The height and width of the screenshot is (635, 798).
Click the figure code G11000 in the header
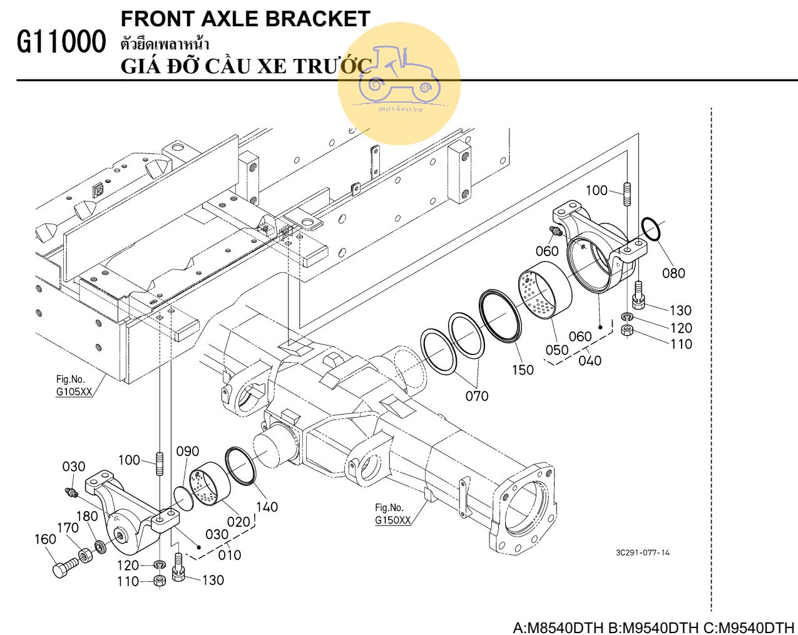[x=61, y=43]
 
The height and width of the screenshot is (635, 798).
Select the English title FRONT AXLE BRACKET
[x=245, y=19]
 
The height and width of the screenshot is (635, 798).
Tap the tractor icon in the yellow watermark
[x=399, y=75]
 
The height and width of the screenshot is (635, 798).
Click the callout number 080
[x=673, y=273]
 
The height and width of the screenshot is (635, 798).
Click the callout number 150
[x=523, y=370]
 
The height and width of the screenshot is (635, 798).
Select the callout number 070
[x=477, y=396]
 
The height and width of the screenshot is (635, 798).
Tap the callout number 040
[x=590, y=361]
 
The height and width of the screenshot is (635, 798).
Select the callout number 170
[x=68, y=528]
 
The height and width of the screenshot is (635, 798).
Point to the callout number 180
[x=87, y=516]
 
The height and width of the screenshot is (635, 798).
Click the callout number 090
[x=187, y=452]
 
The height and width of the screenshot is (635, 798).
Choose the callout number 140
[x=267, y=507]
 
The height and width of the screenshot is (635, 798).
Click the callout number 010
[x=230, y=555]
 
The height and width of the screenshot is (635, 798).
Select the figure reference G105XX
[x=74, y=392]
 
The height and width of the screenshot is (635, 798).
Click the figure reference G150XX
[x=392, y=520]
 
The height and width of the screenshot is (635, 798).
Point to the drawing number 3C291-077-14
[x=642, y=552]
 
